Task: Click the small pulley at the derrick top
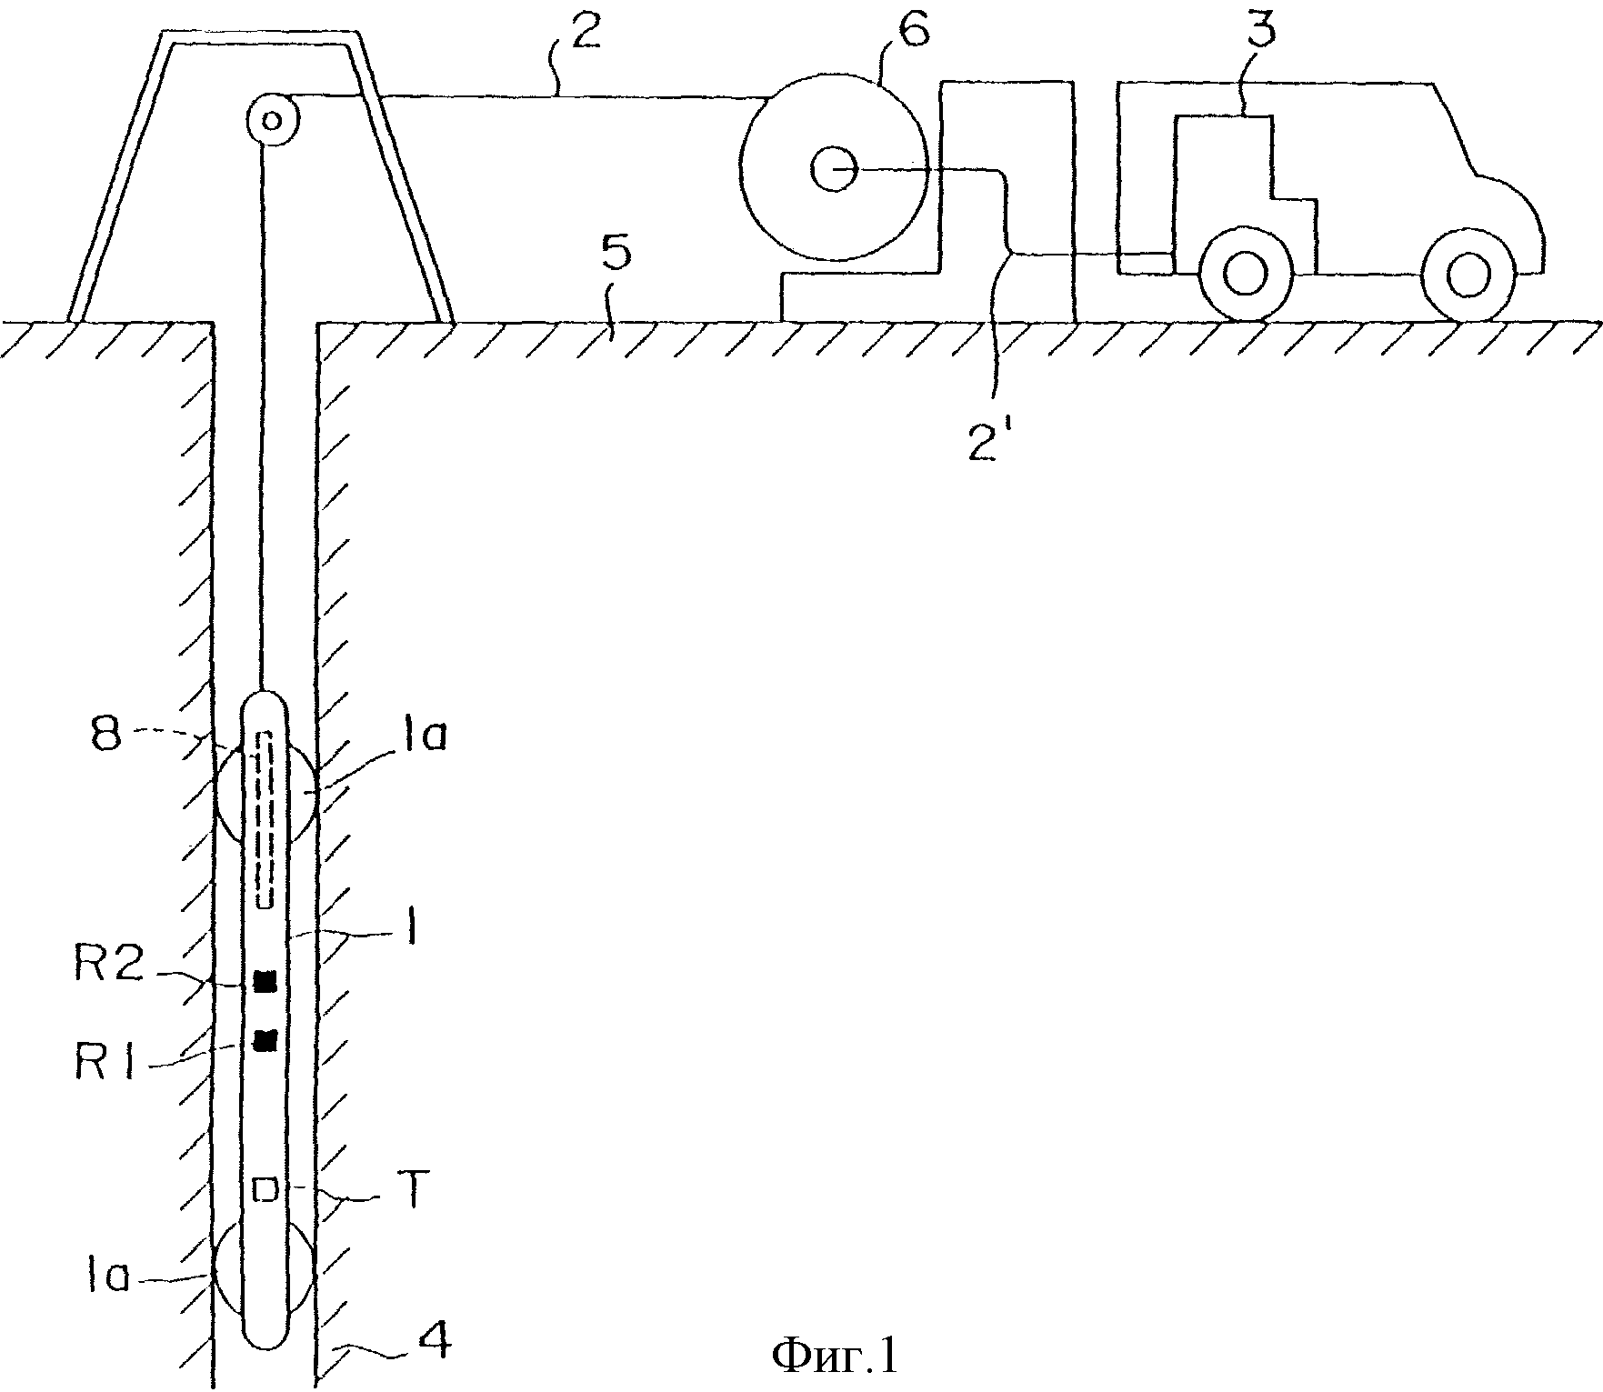[272, 119]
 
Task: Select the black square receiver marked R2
[265, 982]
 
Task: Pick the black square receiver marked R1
[265, 1040]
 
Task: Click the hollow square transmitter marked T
[265, 1189]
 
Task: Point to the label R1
[106, 1063]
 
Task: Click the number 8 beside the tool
[107, 734]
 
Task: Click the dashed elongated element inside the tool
[265, 819]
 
